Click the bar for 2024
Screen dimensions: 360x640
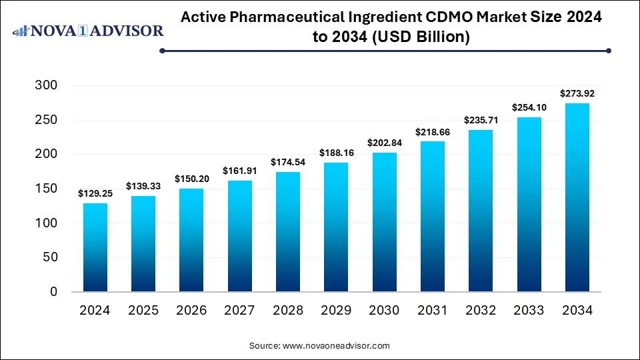tap(95, 247)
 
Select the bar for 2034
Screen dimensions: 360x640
tap(577, 197)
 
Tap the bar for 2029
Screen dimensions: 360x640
tap(336, 227)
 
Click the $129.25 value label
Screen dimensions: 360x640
tap(95, 193)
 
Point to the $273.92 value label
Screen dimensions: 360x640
tap(577, 93)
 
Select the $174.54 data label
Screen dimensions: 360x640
tap(288, 162)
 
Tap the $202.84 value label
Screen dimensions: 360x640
tap(385, 143)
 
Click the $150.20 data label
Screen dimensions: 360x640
tap(192, 179)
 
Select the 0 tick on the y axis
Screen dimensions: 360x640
tap(53, 292)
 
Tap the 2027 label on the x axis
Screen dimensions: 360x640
tap(240, 311)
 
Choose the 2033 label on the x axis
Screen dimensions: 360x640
tap(529, 311)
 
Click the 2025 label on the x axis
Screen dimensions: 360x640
tap(143, 311)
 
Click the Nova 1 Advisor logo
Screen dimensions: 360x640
tap(89, 31)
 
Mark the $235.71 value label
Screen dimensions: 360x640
tap(481, 120)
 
